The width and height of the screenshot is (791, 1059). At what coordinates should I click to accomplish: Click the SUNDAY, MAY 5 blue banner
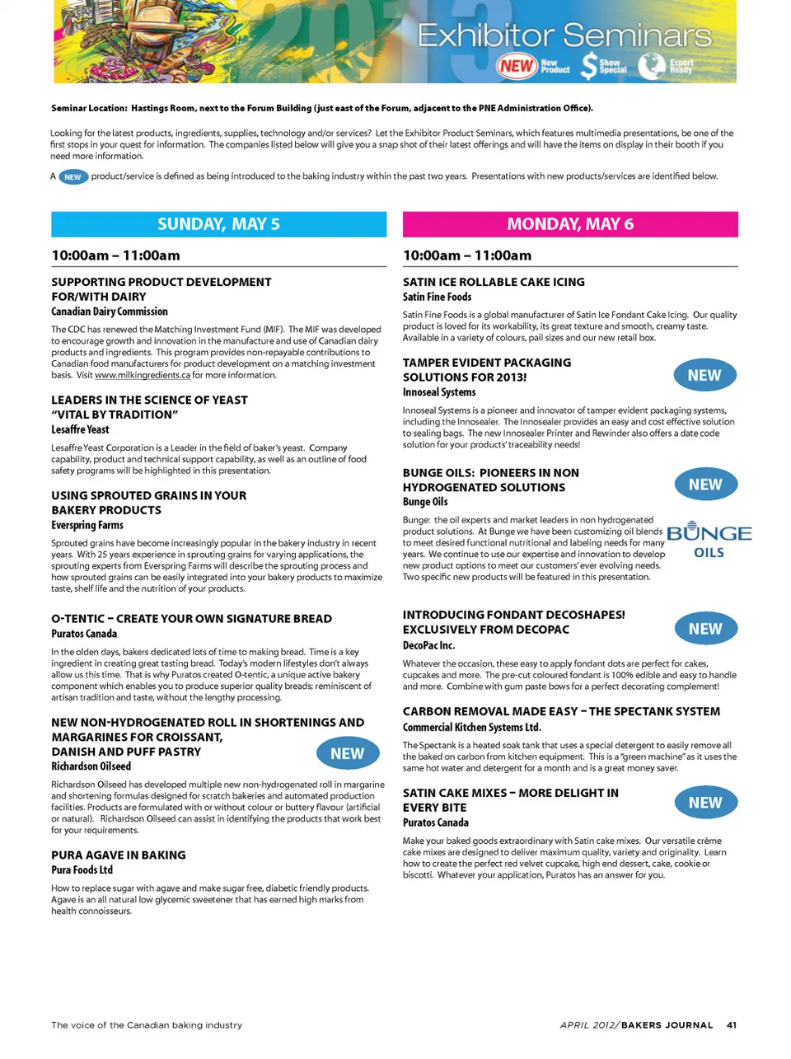point(218,224)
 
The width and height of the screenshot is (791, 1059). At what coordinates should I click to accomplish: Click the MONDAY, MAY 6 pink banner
point(570,224)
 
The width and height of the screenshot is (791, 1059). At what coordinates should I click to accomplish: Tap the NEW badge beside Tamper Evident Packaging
point(704,376)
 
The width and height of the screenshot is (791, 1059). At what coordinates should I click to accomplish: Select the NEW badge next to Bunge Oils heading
point(705,485)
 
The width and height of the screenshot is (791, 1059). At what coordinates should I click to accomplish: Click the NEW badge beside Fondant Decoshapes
point(705,629)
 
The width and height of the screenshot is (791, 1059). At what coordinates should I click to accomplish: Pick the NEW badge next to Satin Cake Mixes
point(705,803)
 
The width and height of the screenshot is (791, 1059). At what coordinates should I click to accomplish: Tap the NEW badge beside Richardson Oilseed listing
point(348,753)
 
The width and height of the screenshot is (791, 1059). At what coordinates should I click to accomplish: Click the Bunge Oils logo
point(709,541)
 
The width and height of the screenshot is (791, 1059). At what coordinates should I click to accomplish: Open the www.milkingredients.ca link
point(142,375)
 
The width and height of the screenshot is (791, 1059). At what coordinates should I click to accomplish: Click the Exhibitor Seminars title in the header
point(564,35)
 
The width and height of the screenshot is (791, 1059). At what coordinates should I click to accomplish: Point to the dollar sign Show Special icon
point(588,66)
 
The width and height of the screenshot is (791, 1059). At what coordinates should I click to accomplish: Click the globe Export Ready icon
point(651,66)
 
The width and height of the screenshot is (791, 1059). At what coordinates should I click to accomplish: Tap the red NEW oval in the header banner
point(517,66)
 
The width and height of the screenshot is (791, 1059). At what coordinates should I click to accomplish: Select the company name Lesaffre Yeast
point(80,429)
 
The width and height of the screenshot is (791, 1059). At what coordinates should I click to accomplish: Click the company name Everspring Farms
point(87,525)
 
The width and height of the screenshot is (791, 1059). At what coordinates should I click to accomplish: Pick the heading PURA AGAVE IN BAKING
point(119,855)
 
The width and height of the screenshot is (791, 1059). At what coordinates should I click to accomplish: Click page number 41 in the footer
point(732,1025)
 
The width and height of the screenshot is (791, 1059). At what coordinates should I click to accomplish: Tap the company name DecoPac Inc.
point(428,645)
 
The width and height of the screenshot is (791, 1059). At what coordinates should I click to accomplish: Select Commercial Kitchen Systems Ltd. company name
point(471,727)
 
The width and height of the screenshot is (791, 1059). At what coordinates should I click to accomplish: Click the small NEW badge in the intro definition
point(73,176)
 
